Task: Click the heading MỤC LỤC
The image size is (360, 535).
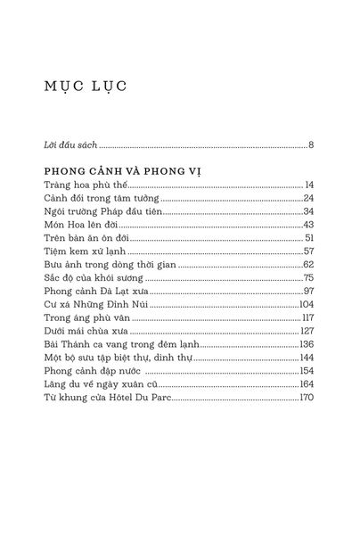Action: (x=86, y=86)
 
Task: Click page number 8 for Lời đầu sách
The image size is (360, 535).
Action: (x=311, y=143)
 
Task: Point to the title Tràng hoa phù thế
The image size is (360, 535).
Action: (x=82, y=184)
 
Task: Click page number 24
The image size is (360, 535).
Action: (x=308, y=198)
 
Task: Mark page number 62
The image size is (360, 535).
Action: (x=308, y=265)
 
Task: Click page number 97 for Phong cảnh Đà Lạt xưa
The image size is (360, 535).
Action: (x=308, y=292)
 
